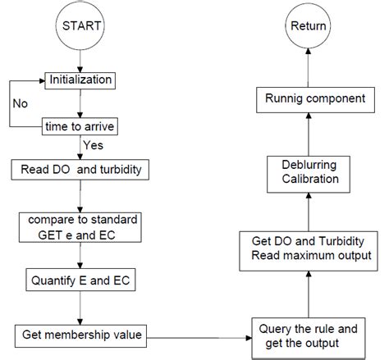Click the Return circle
click(308, 26)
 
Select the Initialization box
click(80, 80)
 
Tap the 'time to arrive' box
click(79, 126)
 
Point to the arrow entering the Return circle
click(308, 66)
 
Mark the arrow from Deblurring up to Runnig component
click(308, 133)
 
